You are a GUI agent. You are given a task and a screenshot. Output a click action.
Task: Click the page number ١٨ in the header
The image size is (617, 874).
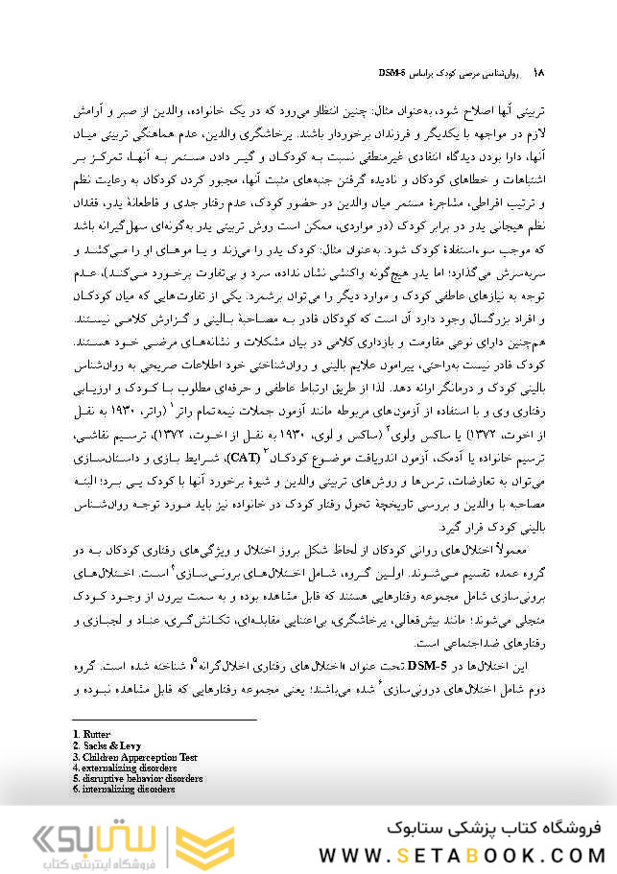(x=538, y=73)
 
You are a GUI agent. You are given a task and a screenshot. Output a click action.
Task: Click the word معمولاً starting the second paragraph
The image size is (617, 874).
(x=529, y=550)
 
